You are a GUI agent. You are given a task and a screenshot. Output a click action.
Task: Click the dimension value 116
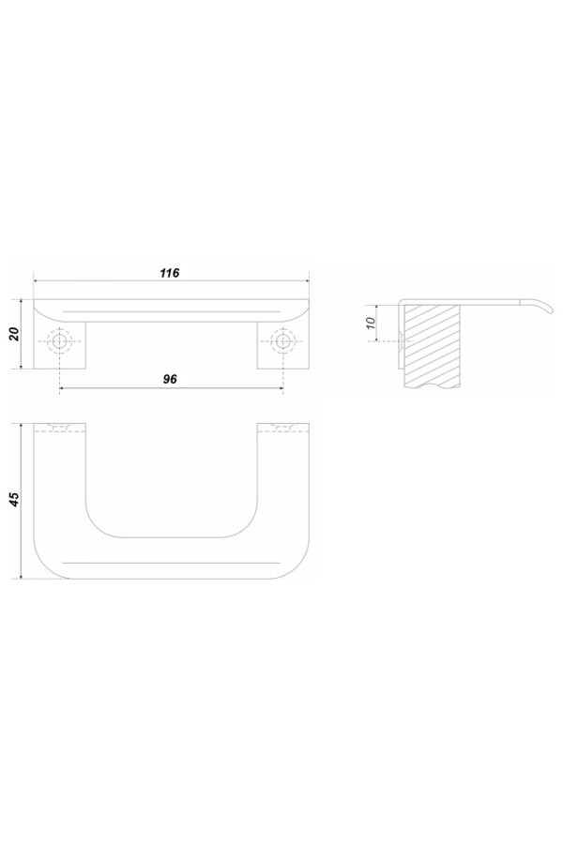(169, 273)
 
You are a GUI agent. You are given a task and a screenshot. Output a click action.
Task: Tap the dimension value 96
(170, 379)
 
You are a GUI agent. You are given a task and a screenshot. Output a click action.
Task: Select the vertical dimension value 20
(15, 334)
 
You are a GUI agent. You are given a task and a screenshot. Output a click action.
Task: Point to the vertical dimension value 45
(15, 499)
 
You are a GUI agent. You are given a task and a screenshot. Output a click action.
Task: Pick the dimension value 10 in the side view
(370, 323)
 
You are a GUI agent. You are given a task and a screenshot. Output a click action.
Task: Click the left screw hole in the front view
(59, 340)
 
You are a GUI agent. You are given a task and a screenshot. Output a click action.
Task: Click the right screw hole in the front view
(282, 340)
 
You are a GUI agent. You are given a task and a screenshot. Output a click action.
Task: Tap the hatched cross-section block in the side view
(433, 344)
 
